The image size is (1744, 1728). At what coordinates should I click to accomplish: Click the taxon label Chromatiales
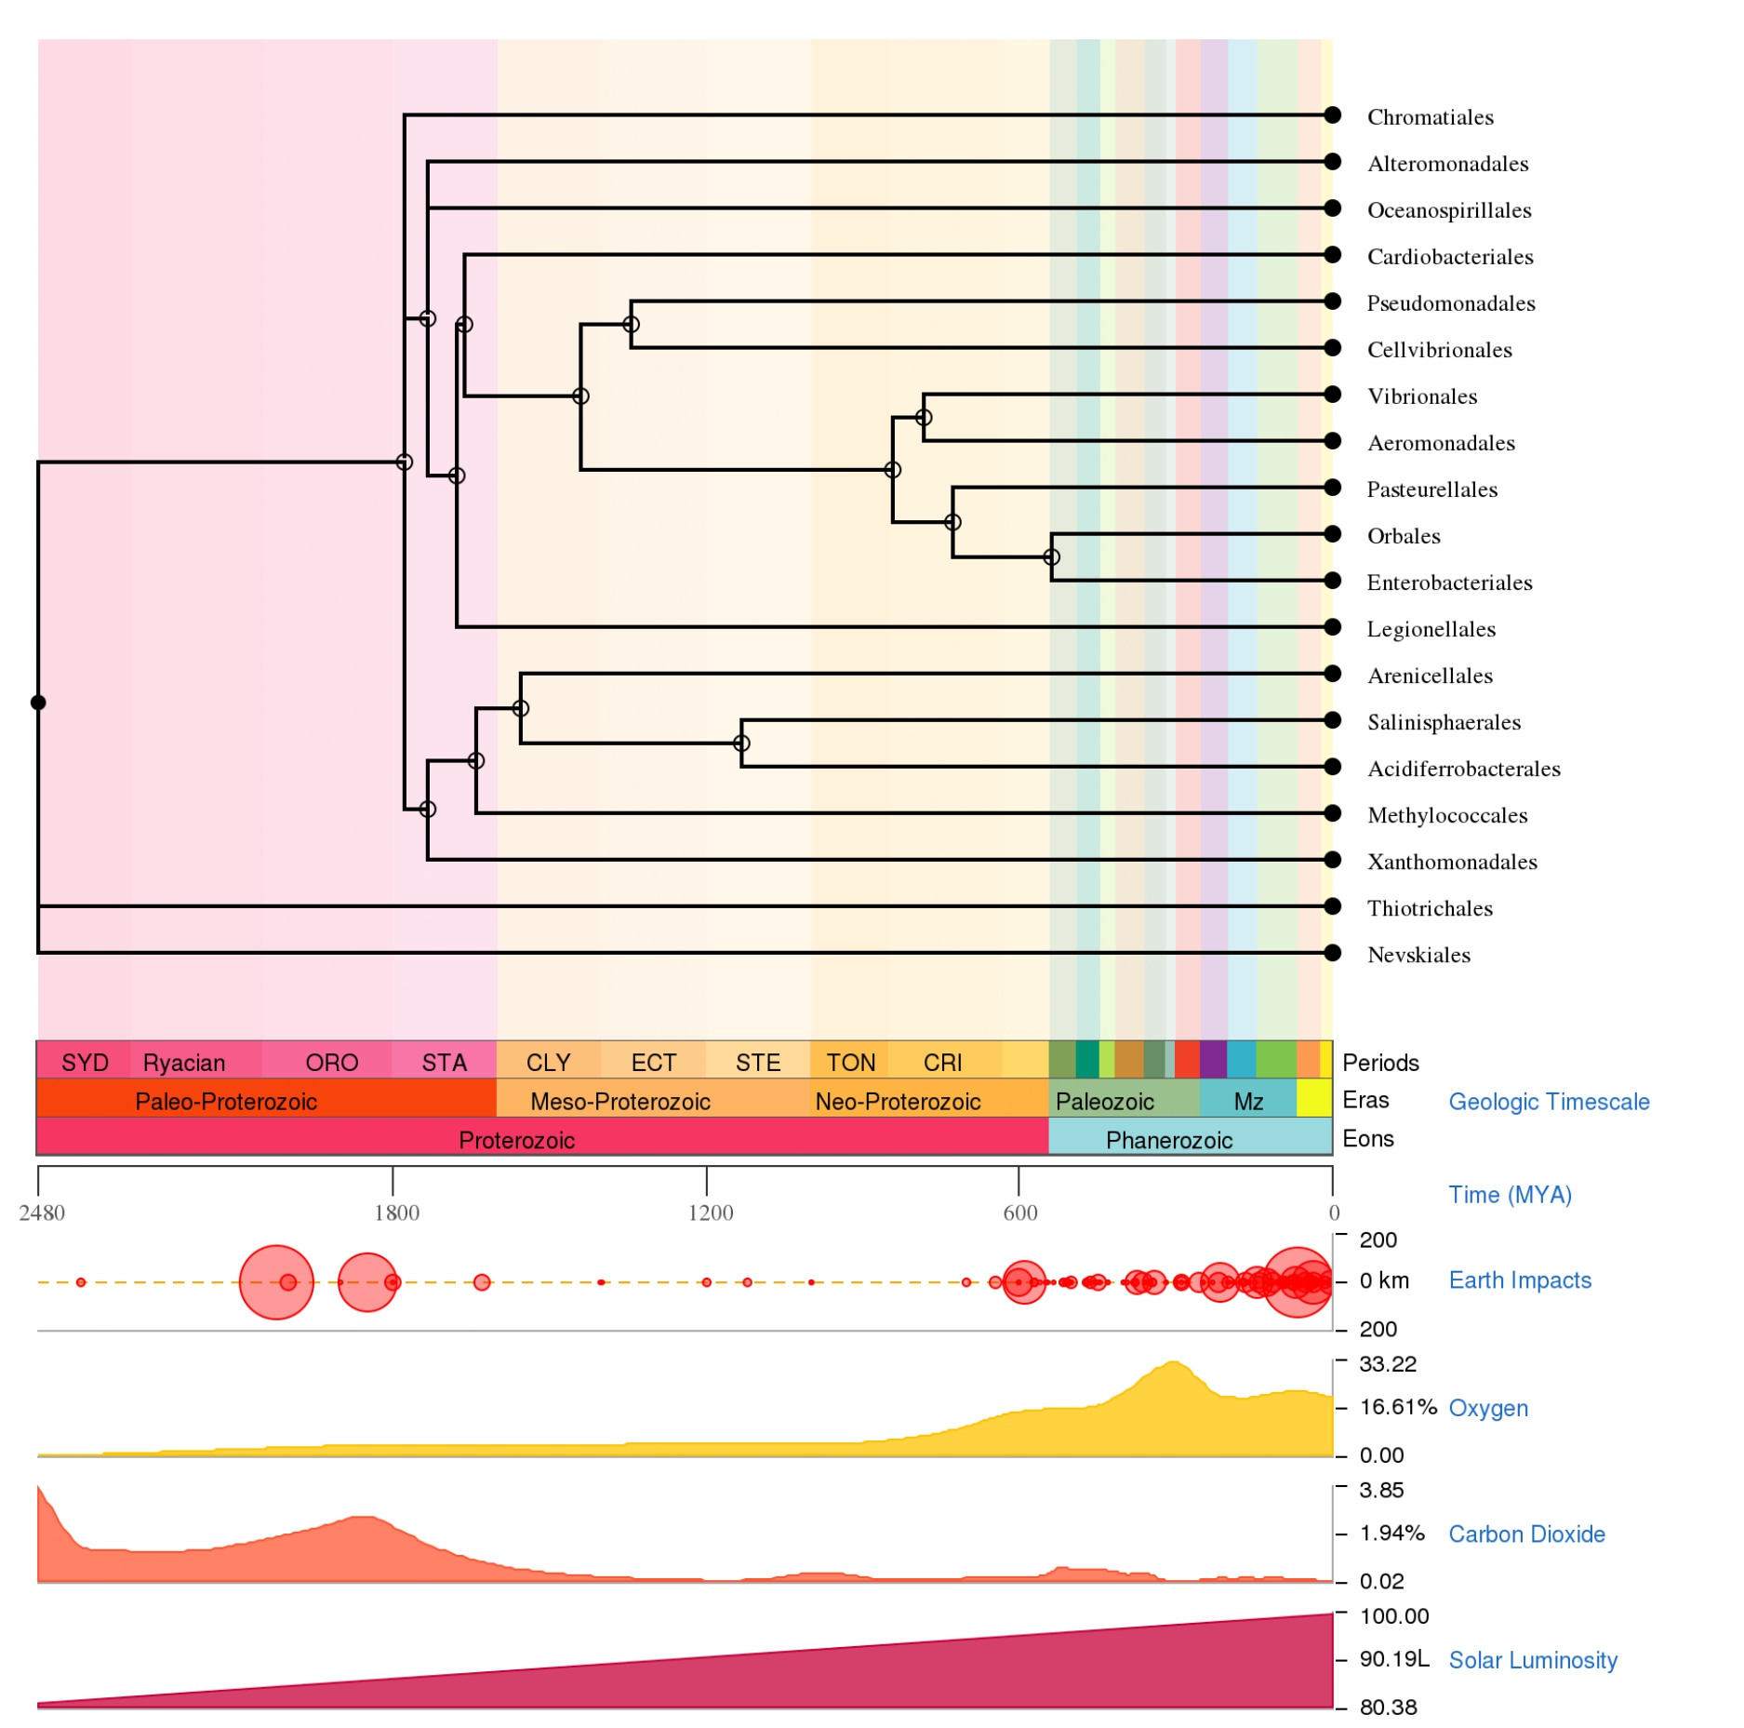(1429, 117)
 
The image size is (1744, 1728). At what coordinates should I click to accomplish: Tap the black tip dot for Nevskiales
(1332, 953)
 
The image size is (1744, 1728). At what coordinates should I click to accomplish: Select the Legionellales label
(1431, 629)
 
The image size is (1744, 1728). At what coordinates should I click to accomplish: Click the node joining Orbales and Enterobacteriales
(1051, 557)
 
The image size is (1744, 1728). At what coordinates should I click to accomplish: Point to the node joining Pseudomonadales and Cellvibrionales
(631, 325)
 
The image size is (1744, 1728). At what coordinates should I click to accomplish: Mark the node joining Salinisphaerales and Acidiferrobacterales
(741, 743)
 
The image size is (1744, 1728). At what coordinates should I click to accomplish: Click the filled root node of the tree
(38, 703)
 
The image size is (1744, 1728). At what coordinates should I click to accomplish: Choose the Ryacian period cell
(184, 1063)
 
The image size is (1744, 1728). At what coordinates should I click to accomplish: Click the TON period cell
(850, 1063)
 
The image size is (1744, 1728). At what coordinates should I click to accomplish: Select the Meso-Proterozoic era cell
(620, 1102)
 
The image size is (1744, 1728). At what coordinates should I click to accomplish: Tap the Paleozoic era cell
(1104, 1102)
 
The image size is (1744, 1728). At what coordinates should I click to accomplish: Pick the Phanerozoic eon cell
(1168, 1140)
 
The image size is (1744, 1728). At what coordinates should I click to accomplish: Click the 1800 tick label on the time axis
(396, 1212)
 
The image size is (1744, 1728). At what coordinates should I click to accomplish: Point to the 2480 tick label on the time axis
(43, 1212)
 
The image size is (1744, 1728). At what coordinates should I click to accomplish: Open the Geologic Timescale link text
(1549, 1102)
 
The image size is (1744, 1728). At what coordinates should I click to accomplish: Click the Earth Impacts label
(1520, 1280)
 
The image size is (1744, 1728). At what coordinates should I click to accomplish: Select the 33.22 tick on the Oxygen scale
(1387, 1364)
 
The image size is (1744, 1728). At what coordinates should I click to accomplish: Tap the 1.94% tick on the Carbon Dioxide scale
(1391, 1533)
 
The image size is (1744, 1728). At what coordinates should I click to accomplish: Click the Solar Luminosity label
(1533, 1660)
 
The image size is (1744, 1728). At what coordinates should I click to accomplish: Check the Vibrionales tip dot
(1332, 395)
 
